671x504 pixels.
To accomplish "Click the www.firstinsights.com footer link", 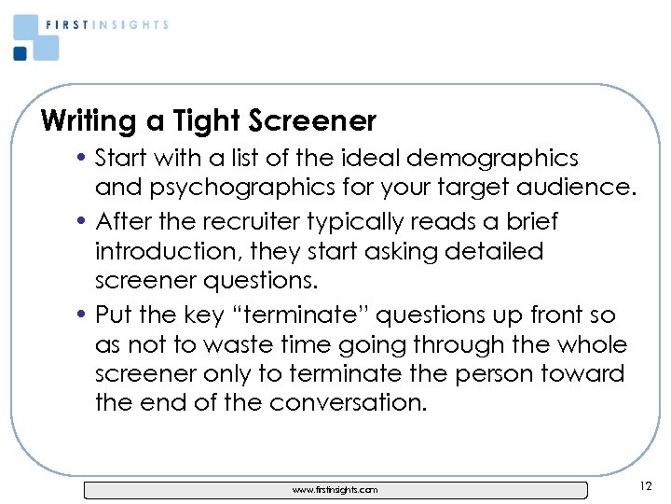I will (335, 490).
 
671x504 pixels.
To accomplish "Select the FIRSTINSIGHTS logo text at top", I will (107, 25).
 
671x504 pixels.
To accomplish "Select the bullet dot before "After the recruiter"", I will (84, 223).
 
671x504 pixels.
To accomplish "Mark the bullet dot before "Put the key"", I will (84, 316).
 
